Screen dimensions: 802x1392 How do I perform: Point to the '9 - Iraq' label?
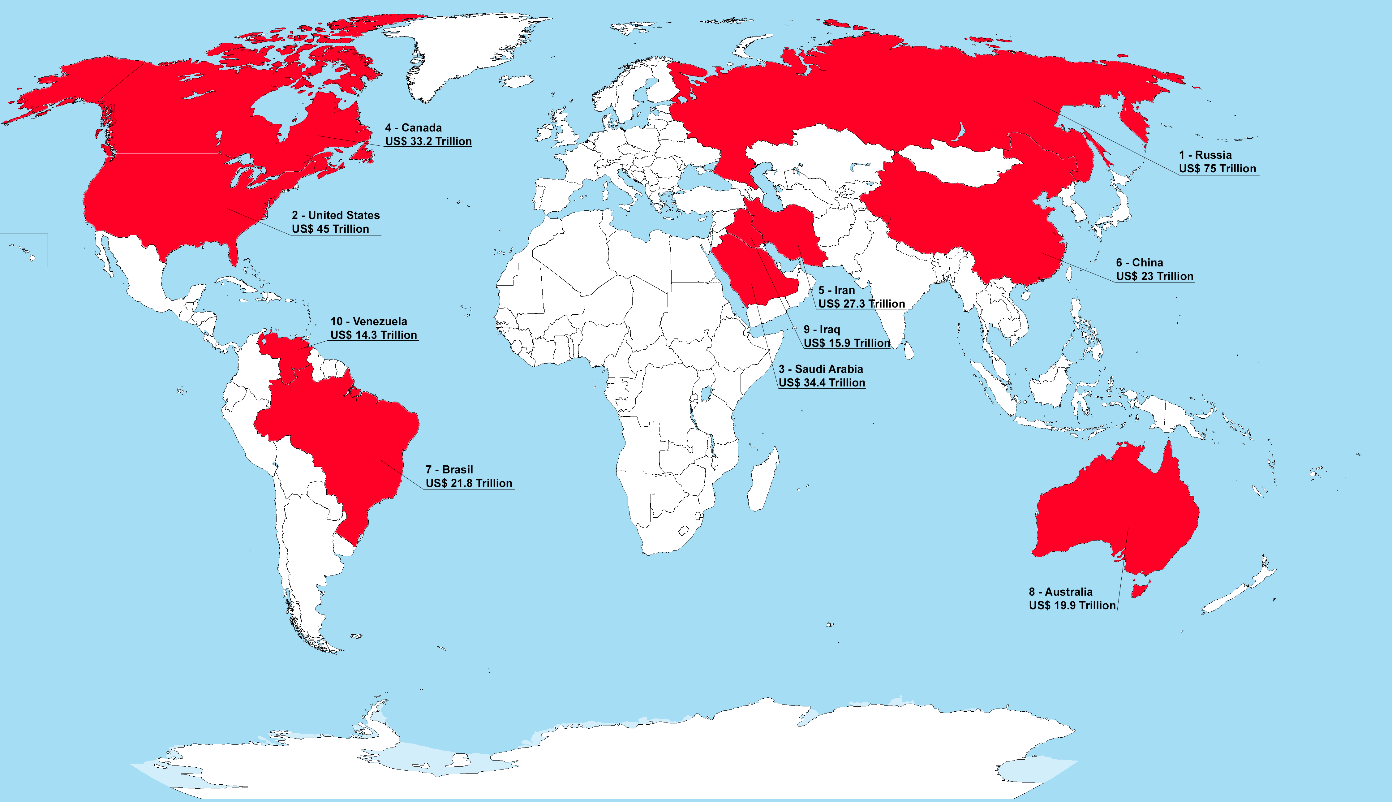(822, 330)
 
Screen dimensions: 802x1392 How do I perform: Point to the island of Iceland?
(517, 81)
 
